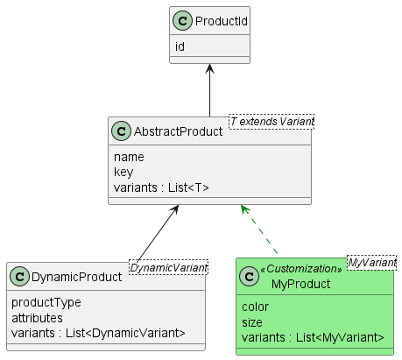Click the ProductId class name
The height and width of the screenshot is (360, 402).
(x=222, y=21)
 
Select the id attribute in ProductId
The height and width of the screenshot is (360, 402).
(x=180, y=46)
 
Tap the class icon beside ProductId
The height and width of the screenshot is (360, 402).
(x=182, y=21)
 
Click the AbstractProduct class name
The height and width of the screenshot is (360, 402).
(x=178, y=131)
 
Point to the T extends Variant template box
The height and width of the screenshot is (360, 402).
(x=272, y=122)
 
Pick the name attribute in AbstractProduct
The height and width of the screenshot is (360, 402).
(x=129, y=157)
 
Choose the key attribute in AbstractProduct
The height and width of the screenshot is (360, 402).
(x=123, y=172)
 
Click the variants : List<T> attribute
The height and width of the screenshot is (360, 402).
(x=161, y=187)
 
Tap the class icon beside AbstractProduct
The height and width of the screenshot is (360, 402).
(x=121, y=131)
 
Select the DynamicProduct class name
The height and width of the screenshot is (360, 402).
(x=76, y=277)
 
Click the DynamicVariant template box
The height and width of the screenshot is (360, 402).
(x=168, y=267)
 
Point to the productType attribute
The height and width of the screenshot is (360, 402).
(x=46, y=302)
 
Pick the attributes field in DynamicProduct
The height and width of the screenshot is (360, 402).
(x=37, y=318)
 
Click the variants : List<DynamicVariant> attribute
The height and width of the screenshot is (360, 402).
(x=98, y=333)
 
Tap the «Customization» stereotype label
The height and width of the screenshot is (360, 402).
(x=301, y=269)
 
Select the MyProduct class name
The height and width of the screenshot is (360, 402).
(x=300, y=284)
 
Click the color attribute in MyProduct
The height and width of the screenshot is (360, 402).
(x=255, y=307)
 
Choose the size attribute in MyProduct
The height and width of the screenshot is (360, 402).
(x=252, y=322)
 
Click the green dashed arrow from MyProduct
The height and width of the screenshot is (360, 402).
(x=259, y=229)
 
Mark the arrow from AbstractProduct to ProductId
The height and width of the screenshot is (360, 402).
(x=209, y=90)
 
